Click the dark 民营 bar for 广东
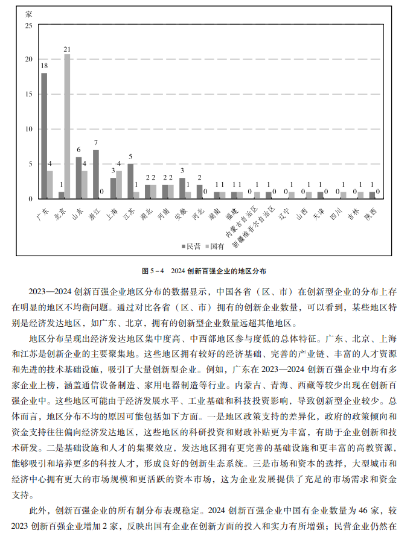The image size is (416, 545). click(44, 136)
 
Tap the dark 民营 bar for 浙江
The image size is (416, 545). click(96, 174)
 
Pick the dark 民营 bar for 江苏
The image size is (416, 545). click(130, 181)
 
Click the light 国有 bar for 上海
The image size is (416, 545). click(119, 184)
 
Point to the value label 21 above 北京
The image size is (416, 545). click(67, 49)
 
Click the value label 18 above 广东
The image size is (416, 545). click(44, 65)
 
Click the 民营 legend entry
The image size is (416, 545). click(190, 246)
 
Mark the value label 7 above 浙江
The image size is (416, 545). click(95, 143)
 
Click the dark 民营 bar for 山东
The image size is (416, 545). click(78, 178)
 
